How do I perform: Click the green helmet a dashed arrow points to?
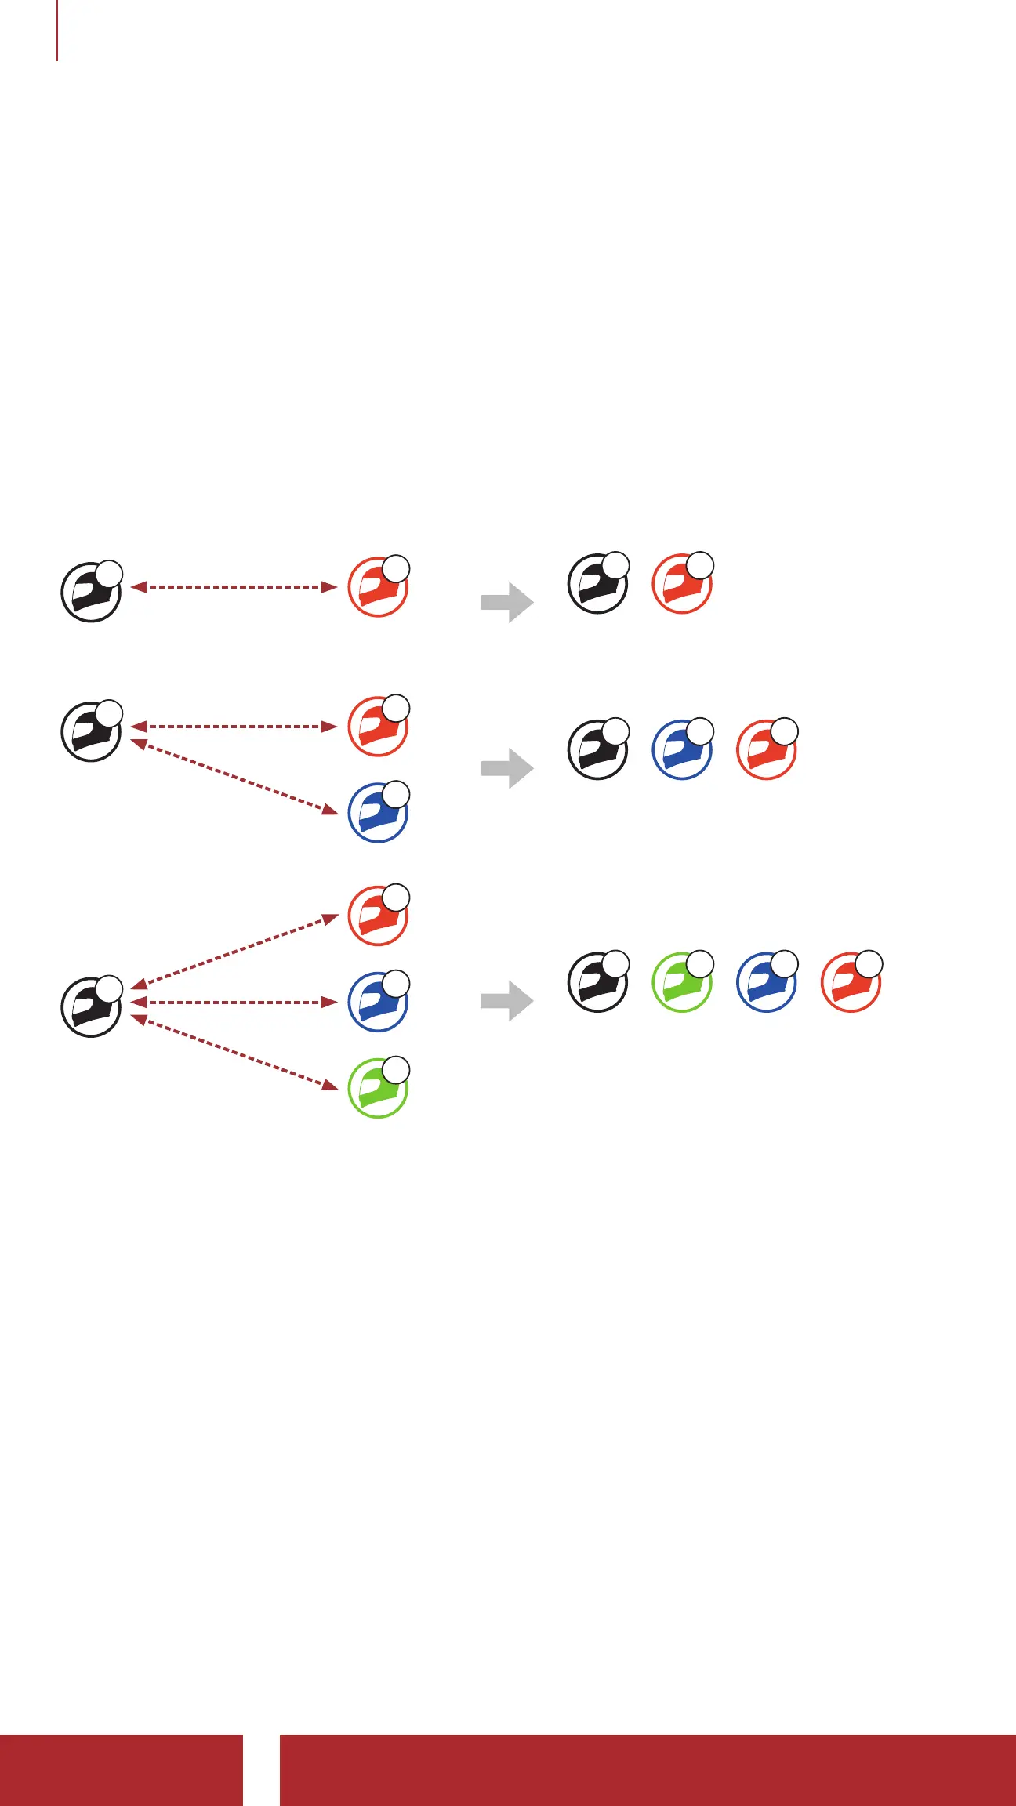point(378,1088)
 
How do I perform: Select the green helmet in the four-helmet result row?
point(682,982)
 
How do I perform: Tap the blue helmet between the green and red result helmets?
point(767,982)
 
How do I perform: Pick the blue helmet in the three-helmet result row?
point(682,749)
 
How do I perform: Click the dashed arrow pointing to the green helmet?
point(234,1051)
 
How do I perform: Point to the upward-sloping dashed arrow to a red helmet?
point(234,950)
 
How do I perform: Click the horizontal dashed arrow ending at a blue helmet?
point(234,1003)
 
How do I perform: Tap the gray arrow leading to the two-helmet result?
point(507,602)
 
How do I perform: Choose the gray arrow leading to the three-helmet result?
point(507,768)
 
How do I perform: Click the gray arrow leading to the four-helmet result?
point(507,1001)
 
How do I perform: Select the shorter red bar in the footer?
point(121,1770)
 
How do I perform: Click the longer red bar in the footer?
point(648,1770)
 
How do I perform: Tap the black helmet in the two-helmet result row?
point(597,583)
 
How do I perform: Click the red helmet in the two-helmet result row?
point(682,583)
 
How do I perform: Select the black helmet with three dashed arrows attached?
point(91,1007)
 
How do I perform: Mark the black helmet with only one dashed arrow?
point(91,592)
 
